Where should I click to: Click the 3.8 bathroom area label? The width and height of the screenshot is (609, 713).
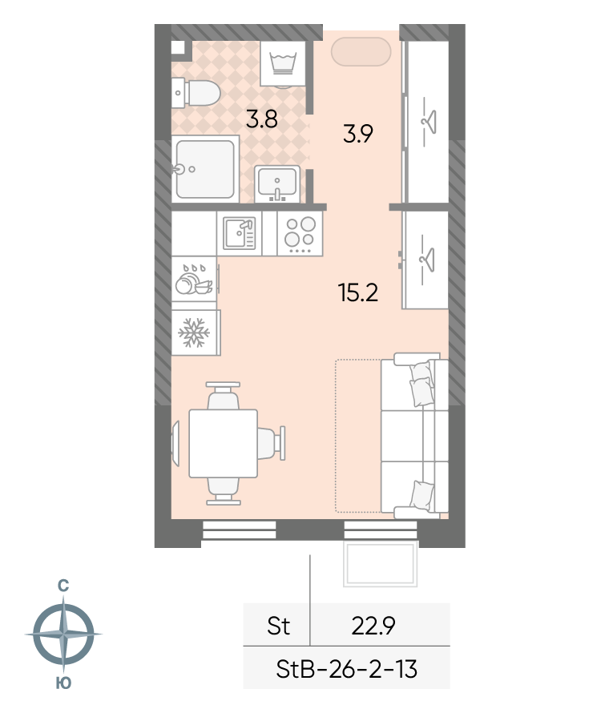pos(261,119)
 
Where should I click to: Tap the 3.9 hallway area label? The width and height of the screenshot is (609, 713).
pos(358,134)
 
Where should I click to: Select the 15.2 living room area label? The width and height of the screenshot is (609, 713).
pos(358,292)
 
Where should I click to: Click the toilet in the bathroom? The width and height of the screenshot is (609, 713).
pos(196,93)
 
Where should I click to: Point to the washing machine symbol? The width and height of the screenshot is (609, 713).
pos(283,63)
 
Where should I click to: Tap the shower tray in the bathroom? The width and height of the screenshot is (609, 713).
pos(206,169)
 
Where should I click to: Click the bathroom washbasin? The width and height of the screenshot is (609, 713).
pos(277,183)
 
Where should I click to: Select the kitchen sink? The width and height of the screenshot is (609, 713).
pos(240,233)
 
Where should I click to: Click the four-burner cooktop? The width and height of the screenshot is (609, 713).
pos(300,234)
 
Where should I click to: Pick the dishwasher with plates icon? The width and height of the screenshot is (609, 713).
pos(195,279)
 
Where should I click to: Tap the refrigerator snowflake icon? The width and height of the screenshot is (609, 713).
pos(195,332)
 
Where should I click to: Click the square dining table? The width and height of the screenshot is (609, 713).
pos(224,443)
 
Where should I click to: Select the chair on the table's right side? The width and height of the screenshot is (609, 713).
pos(272,443)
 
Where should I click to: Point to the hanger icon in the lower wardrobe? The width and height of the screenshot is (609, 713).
pos(426,260)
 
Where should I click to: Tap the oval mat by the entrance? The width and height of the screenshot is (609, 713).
pos(361,52)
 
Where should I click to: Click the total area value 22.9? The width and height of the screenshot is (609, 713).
pos(373,626)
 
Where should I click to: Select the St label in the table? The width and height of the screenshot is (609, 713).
pos(278,626)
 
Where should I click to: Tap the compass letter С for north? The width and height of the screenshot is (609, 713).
pos(63,586)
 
